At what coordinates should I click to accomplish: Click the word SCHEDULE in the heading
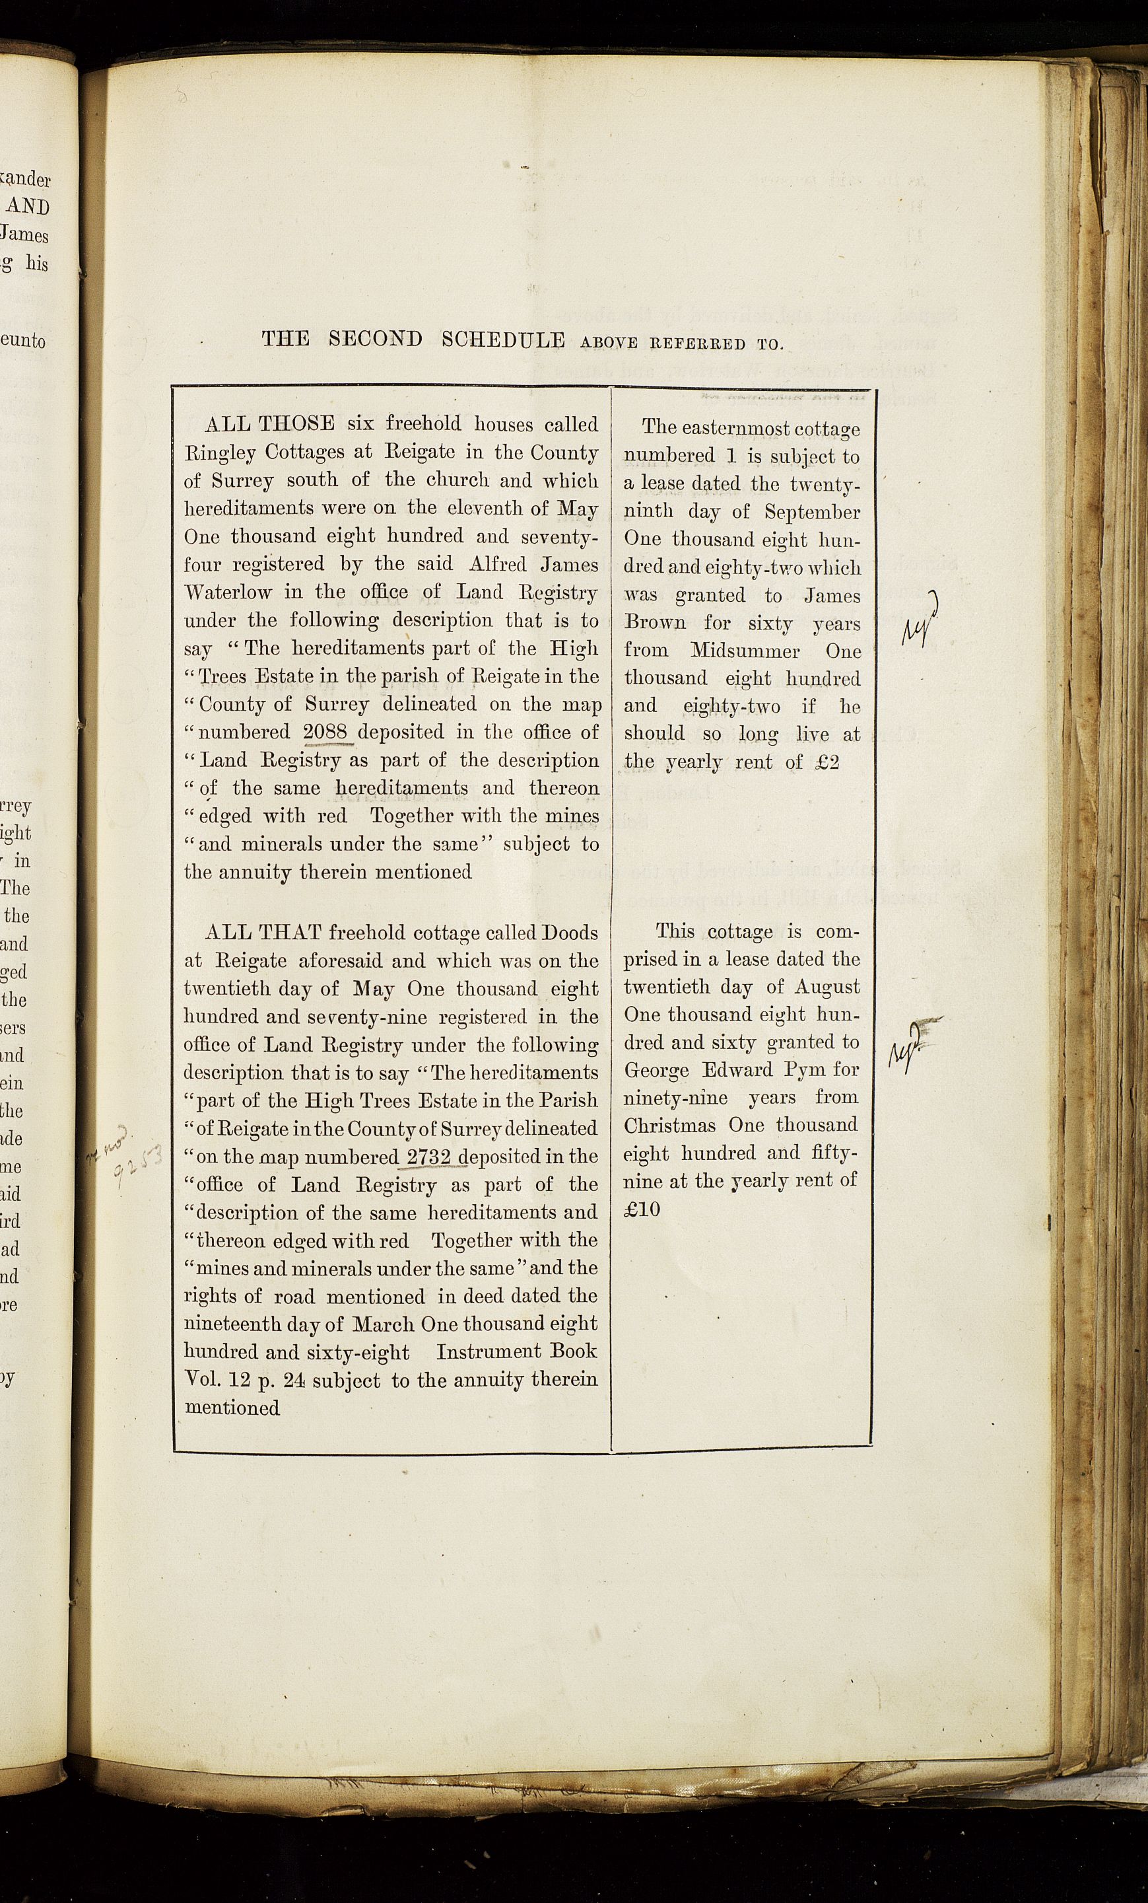pos(502,340)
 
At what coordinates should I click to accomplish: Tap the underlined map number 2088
pos(328,731)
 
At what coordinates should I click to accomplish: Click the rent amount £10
pos(642,1209)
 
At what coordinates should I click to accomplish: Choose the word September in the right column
pos(812,512)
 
